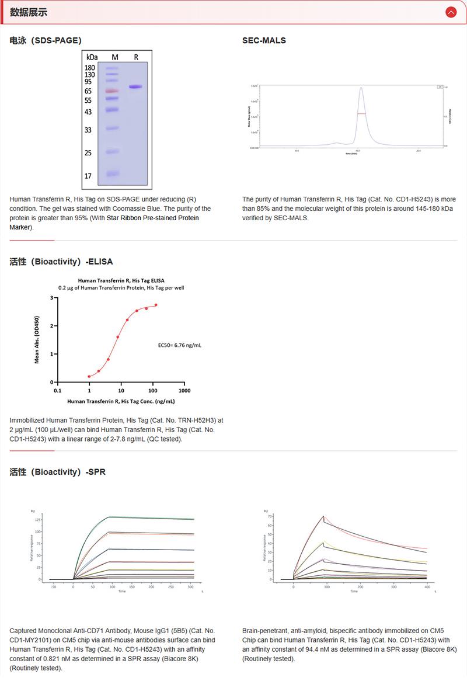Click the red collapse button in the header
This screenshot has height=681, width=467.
(x=450, y=12)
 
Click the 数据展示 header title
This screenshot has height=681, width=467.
(x=29, y=12)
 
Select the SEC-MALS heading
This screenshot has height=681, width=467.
(x=264, y=40)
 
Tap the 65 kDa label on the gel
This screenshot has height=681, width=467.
(x=89, y=91)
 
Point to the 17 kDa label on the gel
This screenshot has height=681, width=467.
(x=89, y=176)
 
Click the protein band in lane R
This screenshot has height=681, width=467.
(x=135, y=87)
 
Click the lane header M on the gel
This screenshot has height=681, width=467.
(x=115, y=57)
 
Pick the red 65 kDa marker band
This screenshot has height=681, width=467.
(x=112, y=91)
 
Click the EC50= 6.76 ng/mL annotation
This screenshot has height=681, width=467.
(x=180, y=345)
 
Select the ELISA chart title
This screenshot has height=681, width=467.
(x=121, y=280)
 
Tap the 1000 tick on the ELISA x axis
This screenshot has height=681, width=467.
(x=184, y=390)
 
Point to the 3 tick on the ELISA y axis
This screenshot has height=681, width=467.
(x=51, y=298)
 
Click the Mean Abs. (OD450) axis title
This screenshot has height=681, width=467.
(x=37, y=340)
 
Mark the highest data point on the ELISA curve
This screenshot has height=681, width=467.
(x=156, y=305)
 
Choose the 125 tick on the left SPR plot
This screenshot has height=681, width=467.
(x=38, y=519)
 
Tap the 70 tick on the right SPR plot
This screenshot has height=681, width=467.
(x=270, y=516)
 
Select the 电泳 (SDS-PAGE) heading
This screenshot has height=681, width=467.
(x=46, y=40)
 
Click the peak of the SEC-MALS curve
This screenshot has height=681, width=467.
(x=361, y=88)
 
